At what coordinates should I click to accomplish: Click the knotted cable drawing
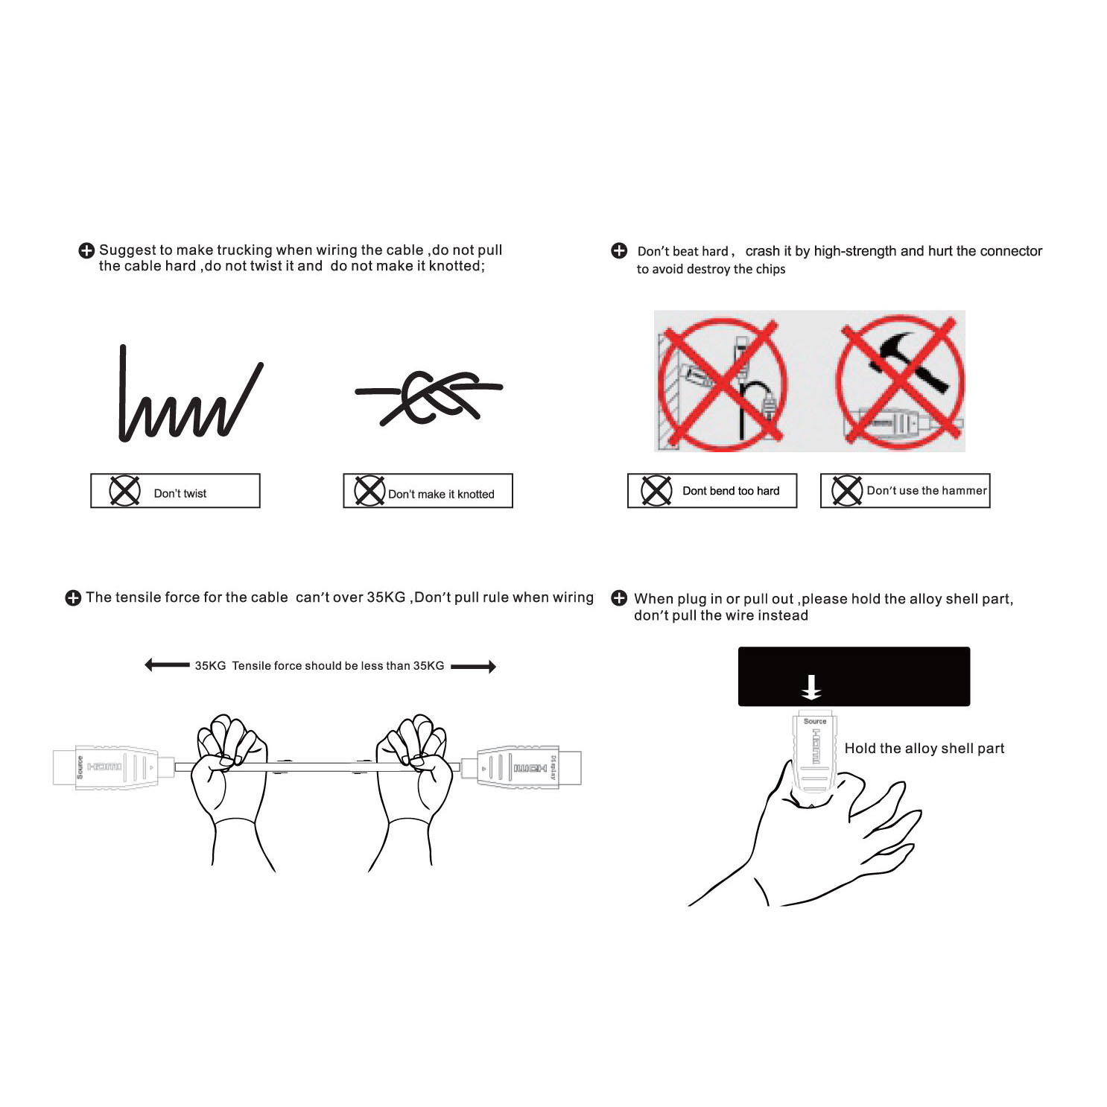[428, 397]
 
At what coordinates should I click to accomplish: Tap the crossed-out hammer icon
[899, 383]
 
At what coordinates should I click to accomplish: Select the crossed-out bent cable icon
[722, 384]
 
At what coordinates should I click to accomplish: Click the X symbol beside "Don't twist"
[124, 491]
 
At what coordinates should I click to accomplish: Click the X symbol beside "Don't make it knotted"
[369, 491]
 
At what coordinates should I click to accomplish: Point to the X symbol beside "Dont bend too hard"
[656, 491]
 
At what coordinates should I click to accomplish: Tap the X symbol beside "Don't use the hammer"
[847, 491]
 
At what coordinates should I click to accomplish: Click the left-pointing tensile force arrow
[167, 664]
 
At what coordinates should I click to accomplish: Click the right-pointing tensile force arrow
[474, 666]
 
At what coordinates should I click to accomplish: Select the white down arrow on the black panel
[811, 687]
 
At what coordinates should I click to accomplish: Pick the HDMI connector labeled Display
[521, 767]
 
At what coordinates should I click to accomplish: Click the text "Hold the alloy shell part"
[924, 749]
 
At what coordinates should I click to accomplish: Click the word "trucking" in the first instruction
[244, 250]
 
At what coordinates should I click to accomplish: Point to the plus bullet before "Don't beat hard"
[619, 250]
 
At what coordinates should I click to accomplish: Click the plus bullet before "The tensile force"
[73, 598]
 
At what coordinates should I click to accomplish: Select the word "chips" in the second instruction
[770, 270]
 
